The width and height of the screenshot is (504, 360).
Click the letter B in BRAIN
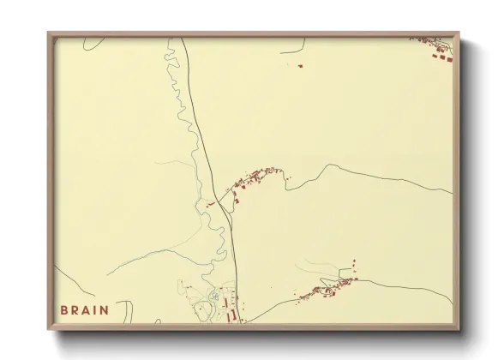pos(64,310)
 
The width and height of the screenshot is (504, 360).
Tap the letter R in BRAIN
pos(75,310)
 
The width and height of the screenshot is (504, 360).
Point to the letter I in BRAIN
pos(96,310)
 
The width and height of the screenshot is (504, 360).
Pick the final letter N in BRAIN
pos(105,310)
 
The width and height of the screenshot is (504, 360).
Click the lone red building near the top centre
pos(301,65)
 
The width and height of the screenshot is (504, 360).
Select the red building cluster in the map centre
pos(255,178)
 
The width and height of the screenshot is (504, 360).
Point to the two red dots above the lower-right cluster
pos(354,265)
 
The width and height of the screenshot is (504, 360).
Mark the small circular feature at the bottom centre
pos(213,297)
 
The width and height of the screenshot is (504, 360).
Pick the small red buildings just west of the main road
pos(210,204)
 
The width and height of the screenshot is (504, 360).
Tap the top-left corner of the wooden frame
pos(50,34)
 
